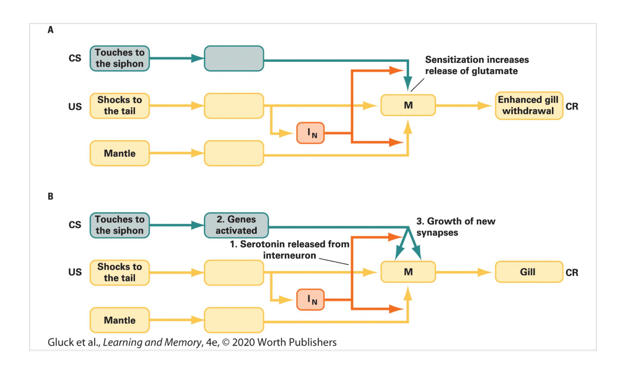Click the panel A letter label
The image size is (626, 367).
[x=51, y=30]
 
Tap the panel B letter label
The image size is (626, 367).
[x=51, y=196]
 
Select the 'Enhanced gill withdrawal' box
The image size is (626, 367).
[x=529, y=106]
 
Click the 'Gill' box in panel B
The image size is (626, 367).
[x=529, y=272]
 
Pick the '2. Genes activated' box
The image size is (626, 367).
[x=236, y=225]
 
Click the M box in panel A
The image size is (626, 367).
[x=408, y=105]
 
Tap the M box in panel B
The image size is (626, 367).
[x=408, y=272]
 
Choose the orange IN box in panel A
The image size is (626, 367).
[x=310, y=133]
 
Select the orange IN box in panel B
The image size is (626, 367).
[x=310, y=299]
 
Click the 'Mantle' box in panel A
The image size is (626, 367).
[x=120, y=153]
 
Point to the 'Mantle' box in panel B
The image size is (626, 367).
[x=120, y=320]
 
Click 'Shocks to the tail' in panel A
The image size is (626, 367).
[x=120, y=106]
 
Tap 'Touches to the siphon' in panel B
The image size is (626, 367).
[x=120, y=225]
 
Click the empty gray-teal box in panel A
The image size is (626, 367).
[x=234, y=58]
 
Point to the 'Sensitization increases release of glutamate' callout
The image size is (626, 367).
[x=476, y=65]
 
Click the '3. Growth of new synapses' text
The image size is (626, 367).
[x=456, y=227]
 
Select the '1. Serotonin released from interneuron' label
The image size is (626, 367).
[x=289, y=250]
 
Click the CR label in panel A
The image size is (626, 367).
[x=572, y=106]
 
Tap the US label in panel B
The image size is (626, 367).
[x=75, y=272]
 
